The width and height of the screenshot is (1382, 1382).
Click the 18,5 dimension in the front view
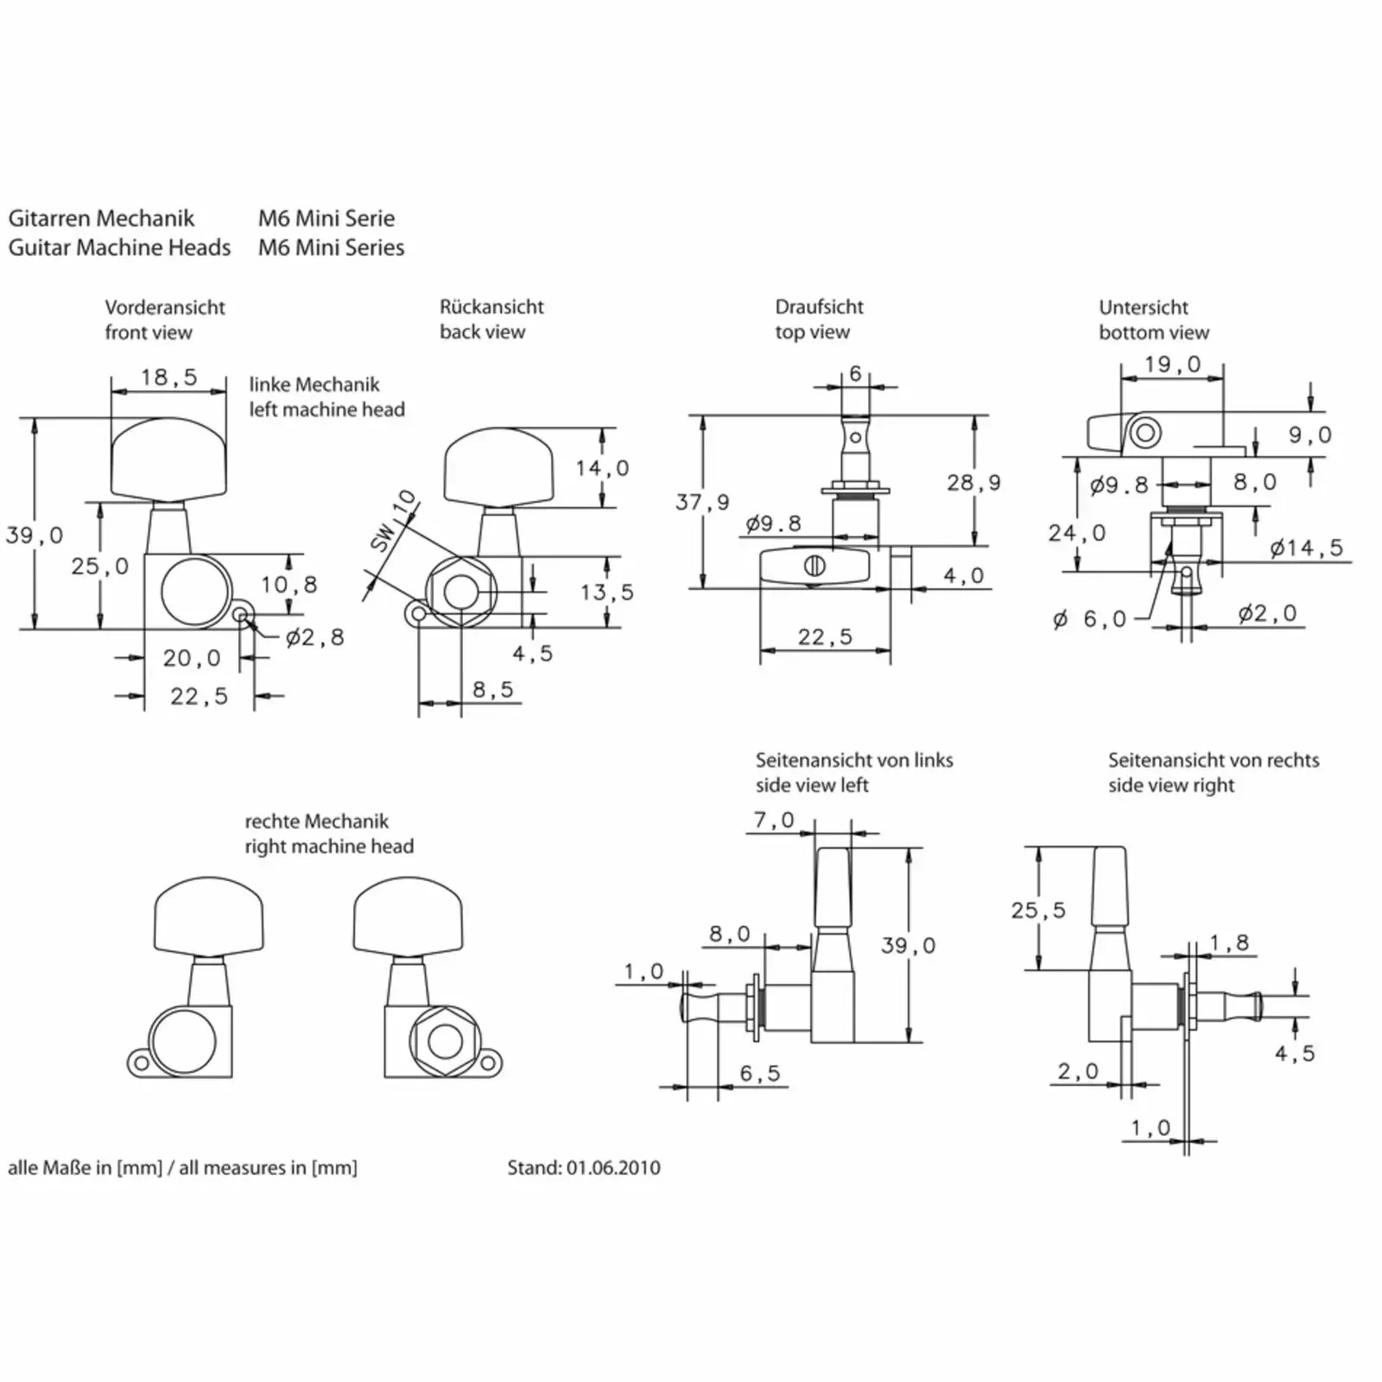[x=169, y=377]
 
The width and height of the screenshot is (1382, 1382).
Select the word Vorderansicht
[x=165, y=307]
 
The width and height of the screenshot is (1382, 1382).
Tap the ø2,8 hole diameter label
[x=315, y=637]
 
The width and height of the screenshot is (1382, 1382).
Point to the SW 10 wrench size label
[x=393, y=521]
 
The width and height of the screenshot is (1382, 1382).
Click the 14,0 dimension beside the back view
[x=603, y=468]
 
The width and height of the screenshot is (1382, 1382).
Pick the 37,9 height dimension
[x=702, y=502]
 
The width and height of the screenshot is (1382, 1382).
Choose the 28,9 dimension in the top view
[x=973, y=483]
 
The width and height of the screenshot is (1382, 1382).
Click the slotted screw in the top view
[x=815, y=567]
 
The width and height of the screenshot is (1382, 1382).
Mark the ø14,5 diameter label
[x=1307, y=548]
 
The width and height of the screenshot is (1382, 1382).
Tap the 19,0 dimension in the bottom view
[x=1173, y=365]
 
